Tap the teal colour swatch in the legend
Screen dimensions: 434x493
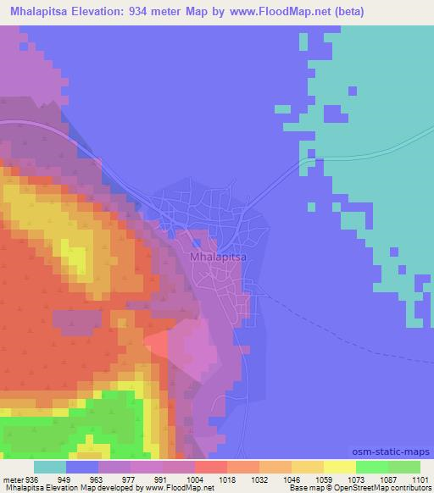pyautogui.click(x=50, y=468)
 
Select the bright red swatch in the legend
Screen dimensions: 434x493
pyautogui.click(x=211, y=468)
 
